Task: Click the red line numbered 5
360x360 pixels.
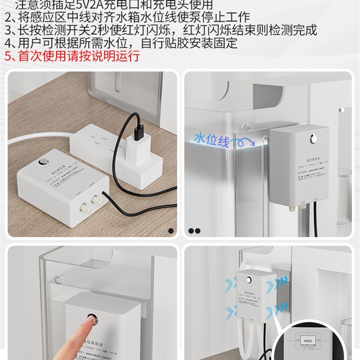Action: point(72,56)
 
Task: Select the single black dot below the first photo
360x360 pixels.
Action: point(171,231)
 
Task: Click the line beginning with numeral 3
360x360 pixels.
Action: point(160,31)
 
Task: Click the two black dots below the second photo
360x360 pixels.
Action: point(194,231)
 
